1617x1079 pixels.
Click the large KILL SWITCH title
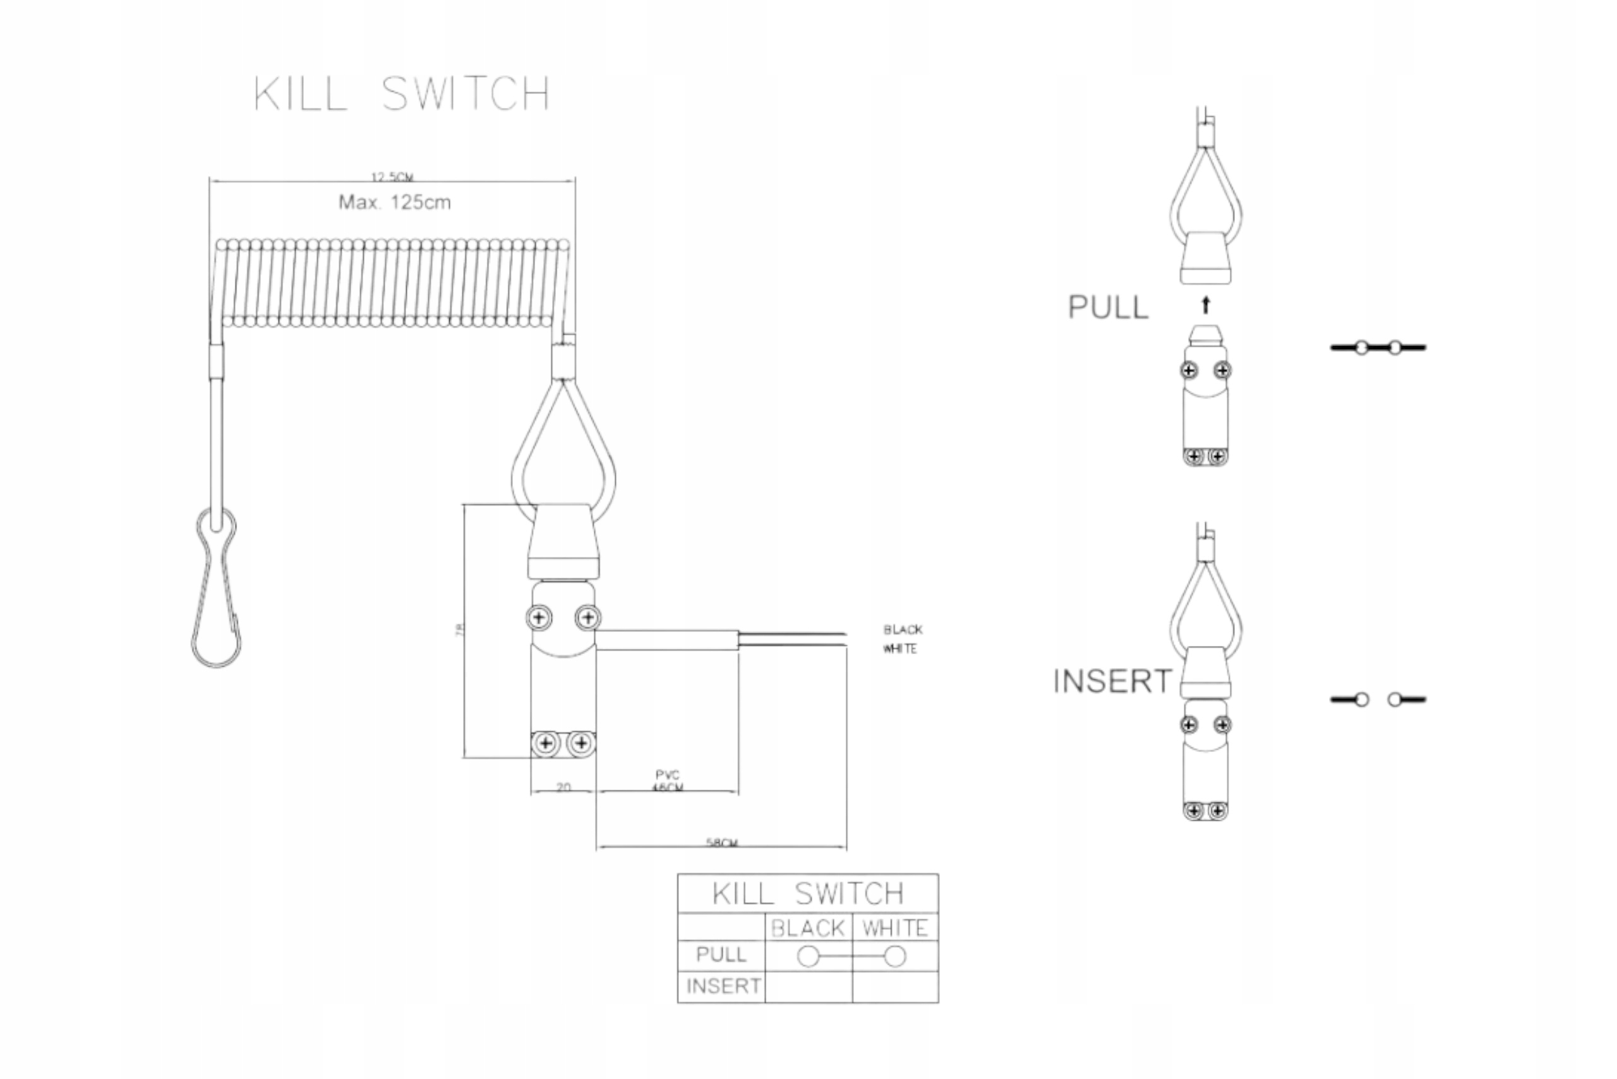402,93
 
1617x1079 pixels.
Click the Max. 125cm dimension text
394,202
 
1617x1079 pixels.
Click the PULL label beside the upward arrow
1108,307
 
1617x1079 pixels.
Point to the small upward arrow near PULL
1205,304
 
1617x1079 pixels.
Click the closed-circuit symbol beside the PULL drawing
1378,347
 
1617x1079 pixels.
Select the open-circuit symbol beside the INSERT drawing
1378,700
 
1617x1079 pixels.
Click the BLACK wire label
903,629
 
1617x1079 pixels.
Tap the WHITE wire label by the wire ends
899,649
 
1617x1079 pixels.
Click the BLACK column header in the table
807,928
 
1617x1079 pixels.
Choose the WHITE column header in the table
895,928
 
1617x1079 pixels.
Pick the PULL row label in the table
721,955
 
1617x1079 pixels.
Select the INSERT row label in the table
723,986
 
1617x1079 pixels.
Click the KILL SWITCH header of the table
807,893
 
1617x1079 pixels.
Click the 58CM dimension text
721,842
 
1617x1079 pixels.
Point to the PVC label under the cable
667,775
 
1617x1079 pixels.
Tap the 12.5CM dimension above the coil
392,177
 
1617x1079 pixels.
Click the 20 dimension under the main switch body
563,787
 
